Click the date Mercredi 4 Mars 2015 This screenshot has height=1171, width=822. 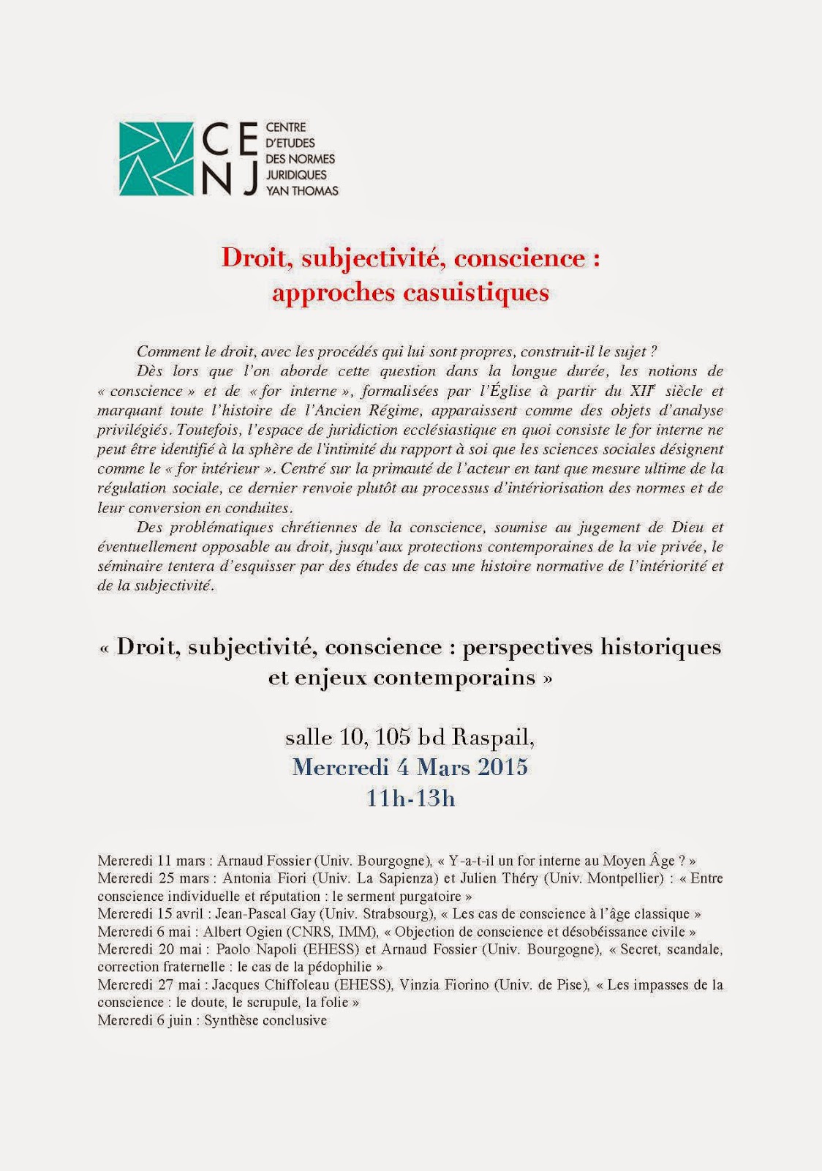pos(410,767)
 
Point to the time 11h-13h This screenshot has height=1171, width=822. pos(410,797)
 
